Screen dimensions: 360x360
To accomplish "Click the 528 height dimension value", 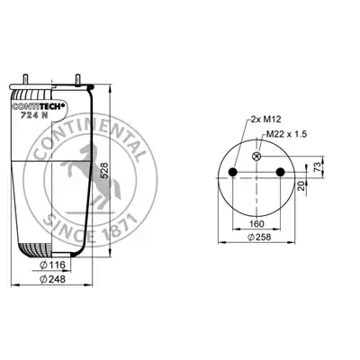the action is click(105, 171).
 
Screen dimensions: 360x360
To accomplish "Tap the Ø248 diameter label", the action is click(52, 279).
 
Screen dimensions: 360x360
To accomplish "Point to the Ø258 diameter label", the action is click(259, 237).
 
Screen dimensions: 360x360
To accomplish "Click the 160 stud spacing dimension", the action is click(256, 224).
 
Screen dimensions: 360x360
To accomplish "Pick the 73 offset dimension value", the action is click(318, 165).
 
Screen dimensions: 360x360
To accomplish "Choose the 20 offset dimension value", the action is click(301, 186).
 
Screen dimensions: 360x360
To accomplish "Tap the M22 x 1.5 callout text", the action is click(287, 134).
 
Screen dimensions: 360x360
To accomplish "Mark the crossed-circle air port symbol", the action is click(256, 156).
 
